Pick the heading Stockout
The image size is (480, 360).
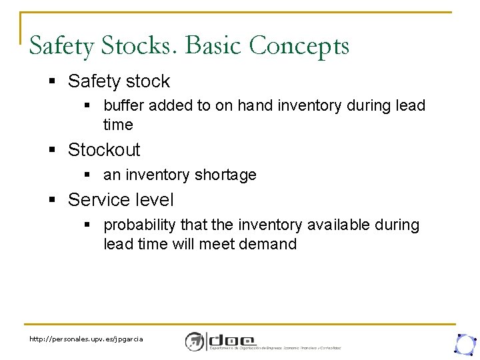point(104,149)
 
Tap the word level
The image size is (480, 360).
point(153,200)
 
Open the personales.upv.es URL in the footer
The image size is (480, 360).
point(85,339)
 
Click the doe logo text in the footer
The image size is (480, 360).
point(233,338)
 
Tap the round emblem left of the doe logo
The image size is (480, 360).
point(195,341)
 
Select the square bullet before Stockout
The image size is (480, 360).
point(53,150)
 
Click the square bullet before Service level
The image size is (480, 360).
point(53,201)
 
